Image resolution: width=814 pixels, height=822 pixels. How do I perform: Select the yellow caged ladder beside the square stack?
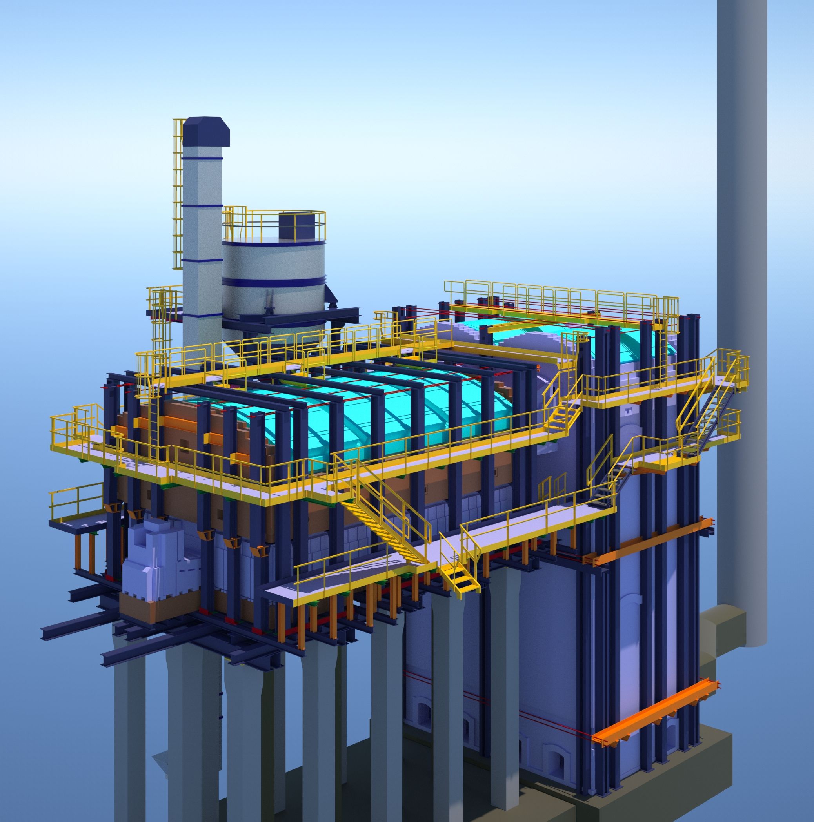[178, 196]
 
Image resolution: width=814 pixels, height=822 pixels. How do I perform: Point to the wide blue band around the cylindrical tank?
[273, 281]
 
